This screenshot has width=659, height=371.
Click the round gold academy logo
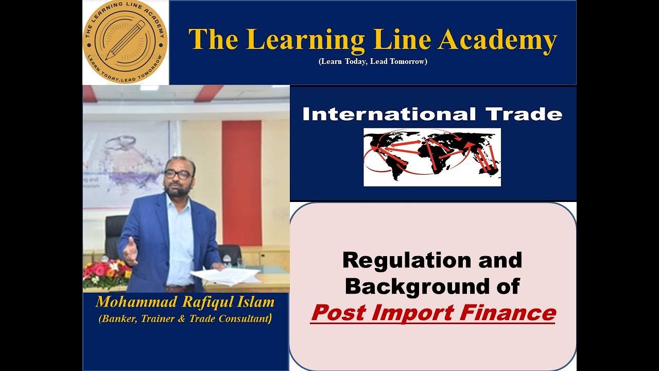pos(125,42)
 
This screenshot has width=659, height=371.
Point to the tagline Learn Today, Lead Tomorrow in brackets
pos(373,61)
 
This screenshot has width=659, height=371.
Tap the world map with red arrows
pos(432,157)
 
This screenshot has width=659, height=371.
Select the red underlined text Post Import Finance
pos(432,313)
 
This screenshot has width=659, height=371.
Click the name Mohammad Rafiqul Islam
pos(185,302)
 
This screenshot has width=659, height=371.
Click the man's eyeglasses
pos(178,174)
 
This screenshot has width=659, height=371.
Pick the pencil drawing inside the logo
pos(125,40)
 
